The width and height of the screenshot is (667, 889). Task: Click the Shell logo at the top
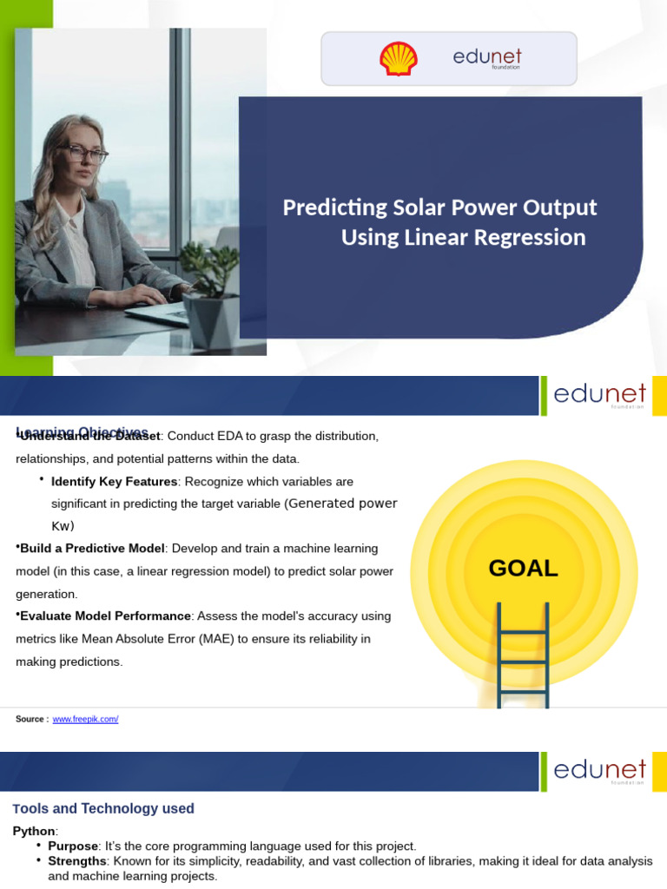point(398,59)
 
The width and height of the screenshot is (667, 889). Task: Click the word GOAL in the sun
point(523,569)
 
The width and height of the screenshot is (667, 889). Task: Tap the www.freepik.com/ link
point(85,720)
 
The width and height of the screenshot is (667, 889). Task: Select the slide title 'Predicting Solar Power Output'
point(439,208)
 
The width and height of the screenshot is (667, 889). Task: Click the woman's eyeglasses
point(89,155)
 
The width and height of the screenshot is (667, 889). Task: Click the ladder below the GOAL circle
point(523,655)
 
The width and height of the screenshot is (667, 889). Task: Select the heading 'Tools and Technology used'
point(103,809)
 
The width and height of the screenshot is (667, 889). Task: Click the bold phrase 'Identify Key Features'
point(114,482)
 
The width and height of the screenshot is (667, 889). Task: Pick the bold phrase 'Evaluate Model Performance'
point(105,616)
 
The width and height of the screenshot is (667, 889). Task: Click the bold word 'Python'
point(33,832)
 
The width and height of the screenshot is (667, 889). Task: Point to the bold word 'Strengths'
point(76,861)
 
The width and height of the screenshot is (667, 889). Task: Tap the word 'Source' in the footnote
point(31,720)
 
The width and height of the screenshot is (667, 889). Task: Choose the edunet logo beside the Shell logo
point(487,58)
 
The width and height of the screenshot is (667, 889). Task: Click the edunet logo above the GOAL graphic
point(599,395)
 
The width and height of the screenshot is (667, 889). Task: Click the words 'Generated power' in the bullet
point(342,504)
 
